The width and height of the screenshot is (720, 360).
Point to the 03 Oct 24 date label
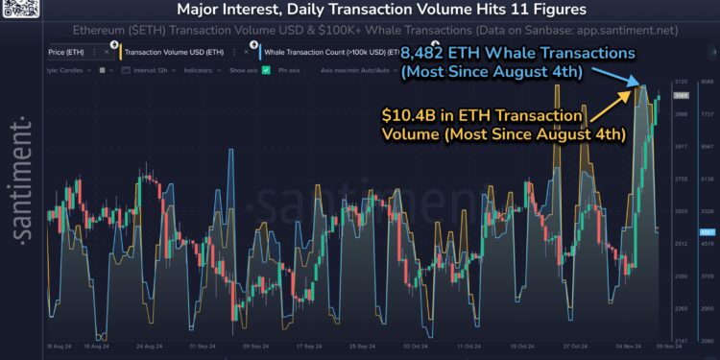pos(417,344)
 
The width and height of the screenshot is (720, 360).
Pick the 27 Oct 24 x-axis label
pos(577,344)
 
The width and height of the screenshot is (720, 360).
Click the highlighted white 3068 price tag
pos(679,95)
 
